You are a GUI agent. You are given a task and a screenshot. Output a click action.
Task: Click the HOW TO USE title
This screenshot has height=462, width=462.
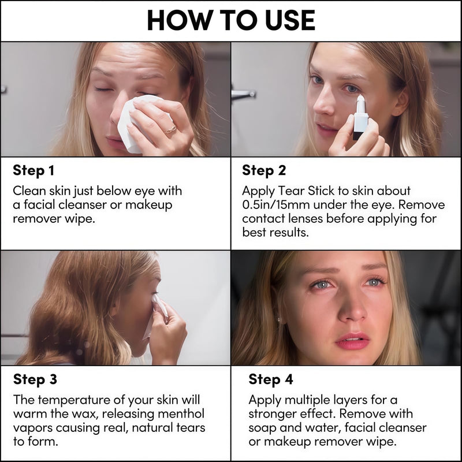[231, 20]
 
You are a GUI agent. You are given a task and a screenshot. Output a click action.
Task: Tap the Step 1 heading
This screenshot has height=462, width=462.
[33, 170]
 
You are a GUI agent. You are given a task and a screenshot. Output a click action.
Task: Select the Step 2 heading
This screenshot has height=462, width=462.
[264, 170]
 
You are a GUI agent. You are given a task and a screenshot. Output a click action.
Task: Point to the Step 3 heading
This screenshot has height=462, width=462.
[35, 379]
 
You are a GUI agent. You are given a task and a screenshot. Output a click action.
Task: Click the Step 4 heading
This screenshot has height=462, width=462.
[270, 379]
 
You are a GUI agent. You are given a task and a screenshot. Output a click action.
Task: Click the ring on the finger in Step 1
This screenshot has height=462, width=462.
[170, 129]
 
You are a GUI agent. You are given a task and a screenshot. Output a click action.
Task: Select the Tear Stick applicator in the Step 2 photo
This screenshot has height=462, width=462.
[360, 118]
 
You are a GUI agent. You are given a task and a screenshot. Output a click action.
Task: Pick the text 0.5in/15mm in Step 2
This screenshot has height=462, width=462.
[276, 204]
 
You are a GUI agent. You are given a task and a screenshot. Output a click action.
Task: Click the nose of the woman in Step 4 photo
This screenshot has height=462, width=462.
[352, 310]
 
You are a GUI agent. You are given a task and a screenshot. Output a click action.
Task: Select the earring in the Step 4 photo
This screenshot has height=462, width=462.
[279, 319]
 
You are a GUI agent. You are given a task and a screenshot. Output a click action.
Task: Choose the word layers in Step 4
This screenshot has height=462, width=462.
[351, 400]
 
